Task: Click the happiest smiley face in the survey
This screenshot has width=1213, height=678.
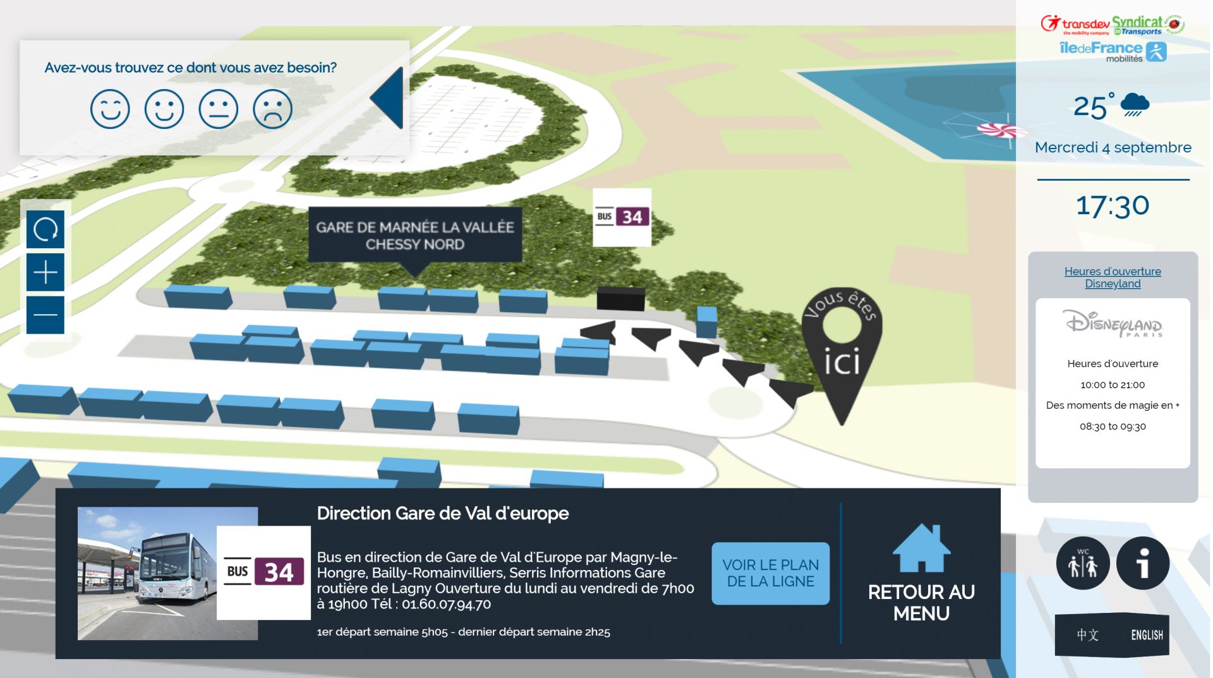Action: click(110, 109)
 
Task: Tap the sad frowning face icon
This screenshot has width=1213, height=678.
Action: click(272, 109)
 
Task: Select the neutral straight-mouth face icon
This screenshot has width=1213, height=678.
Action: click(218, 109)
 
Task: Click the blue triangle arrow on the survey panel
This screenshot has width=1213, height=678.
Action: click(387, 98)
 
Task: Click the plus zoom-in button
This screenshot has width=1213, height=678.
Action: click(45, 272)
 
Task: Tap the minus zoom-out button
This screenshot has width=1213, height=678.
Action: click(45, 315)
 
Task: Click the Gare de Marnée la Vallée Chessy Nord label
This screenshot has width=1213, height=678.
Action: click(414, 235)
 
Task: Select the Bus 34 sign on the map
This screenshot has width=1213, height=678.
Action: click(622, 217)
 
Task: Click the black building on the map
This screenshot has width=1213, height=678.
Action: click(620, 298)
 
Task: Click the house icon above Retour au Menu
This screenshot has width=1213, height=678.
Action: click(921, 548)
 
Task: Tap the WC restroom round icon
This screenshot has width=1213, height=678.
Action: click(1083, 563)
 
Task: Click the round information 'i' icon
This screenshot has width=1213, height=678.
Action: click(1143, 563)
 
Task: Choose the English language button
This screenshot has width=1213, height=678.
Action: click(1147, 635)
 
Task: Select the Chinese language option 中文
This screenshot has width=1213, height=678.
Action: click(1087, 635)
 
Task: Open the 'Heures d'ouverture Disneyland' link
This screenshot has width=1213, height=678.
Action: click(1113, 277)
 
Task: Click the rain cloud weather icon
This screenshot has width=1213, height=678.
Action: click(1135, 104)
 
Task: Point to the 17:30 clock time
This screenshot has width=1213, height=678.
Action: click(1113, 206)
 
